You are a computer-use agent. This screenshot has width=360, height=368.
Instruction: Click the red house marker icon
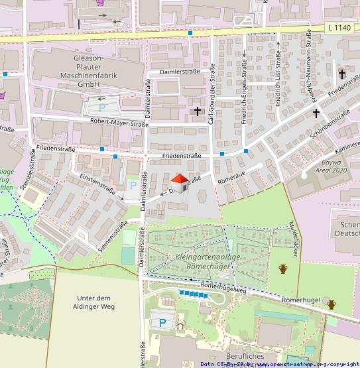pos(179,182)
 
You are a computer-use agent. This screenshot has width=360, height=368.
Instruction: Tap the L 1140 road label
pos(339,27)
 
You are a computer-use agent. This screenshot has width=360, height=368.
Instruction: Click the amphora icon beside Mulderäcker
pos(283,269)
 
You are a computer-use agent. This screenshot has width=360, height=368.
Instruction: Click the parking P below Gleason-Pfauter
pos(101,107)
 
